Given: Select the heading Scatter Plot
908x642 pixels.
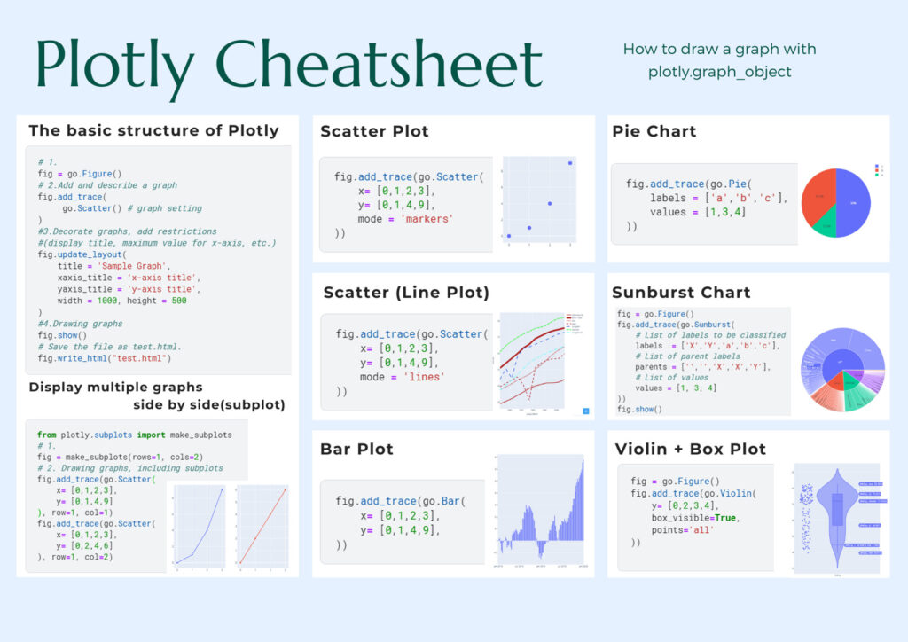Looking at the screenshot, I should (x=374, y=131).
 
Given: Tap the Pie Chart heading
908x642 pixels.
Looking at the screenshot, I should (x=654, y=131).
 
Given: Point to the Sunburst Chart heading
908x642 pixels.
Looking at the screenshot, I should (x=681, y=292).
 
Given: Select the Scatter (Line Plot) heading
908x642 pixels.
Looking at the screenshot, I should (x=406, y=292).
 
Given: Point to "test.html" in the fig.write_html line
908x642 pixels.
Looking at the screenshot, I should (x=141, y=358).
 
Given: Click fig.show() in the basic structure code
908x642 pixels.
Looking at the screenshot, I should (x=62, y=335).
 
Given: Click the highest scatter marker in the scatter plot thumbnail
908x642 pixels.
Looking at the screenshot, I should (x=569, y=163).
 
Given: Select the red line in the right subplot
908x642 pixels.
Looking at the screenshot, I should (x=262, y=524).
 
